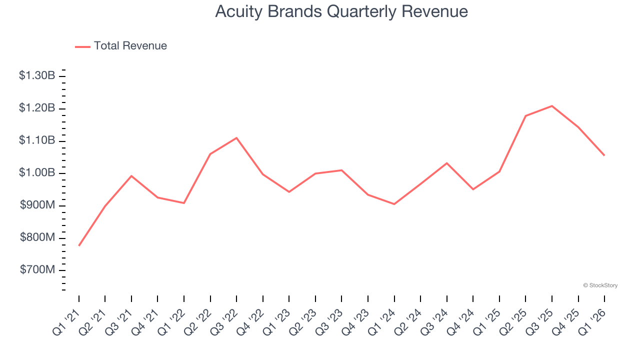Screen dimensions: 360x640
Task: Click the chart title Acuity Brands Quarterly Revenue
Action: coord(341,11)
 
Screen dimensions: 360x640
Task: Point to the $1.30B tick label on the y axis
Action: coord(37,76)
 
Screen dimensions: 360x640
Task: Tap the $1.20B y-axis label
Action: coord(37,108)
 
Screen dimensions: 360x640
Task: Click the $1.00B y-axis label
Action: coord(37,173)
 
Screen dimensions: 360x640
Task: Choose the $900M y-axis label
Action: coord(37,205)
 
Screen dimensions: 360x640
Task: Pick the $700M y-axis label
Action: coord(37,270)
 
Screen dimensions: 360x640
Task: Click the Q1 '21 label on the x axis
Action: coord(66,320)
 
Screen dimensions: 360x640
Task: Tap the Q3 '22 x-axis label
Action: coord(224,320)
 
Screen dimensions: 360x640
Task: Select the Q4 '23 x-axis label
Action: coord(355,320)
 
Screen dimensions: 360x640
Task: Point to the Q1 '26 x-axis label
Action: coord(592,320)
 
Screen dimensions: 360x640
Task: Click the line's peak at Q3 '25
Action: coord(552,106)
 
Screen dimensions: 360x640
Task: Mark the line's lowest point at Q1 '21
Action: coord(79,245)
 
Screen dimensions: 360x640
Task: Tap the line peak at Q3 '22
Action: coord(236,138)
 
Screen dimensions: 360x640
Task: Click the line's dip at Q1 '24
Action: coord(394,204)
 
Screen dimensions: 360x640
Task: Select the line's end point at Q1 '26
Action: coord(604,155)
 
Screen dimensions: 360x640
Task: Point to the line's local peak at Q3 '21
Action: coord(131,176)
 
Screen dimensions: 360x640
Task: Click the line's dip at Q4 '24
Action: coord(473,189)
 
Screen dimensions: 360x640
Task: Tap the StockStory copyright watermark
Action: coord(600,285)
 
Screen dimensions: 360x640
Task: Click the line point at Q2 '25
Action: coord(525,116)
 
